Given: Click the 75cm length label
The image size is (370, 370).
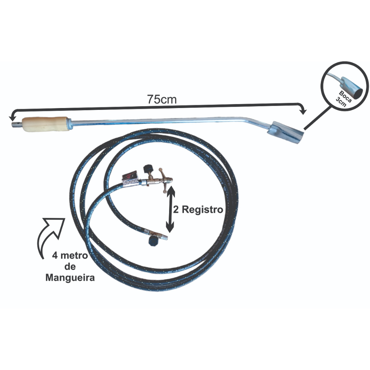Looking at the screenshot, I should (162, 99).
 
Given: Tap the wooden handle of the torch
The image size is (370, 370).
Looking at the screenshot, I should (45, 124).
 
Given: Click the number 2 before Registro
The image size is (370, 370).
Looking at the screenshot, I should (176, 210).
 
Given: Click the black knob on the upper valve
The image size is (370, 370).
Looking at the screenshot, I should (147, 169).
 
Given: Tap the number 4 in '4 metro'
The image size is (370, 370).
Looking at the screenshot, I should (54, 256).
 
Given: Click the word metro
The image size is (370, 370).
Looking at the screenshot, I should (74, 256).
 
